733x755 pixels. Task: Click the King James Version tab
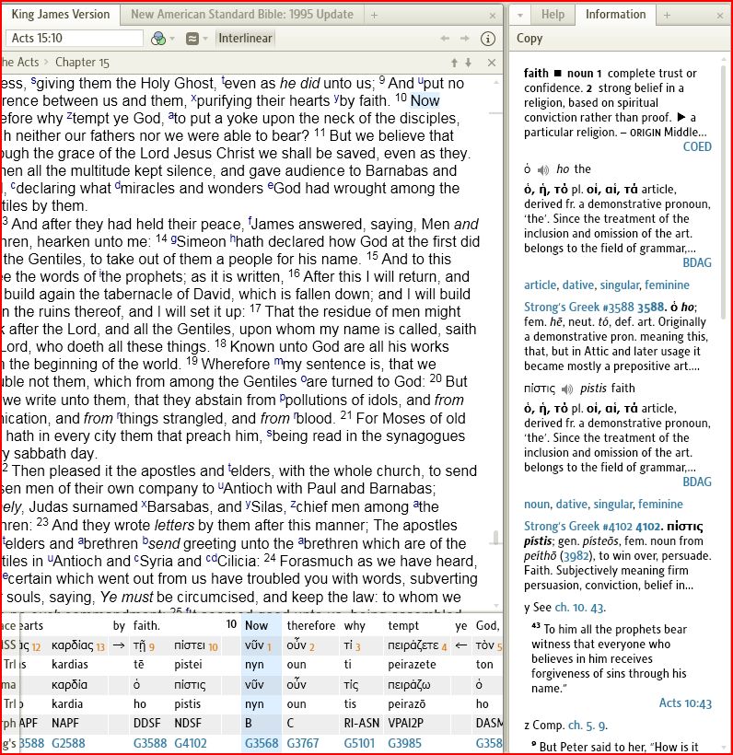[x=61, y=15]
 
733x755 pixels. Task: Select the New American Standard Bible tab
[x=241, y=15]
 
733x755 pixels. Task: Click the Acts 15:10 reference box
[x=74, y=39]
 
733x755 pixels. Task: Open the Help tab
[x=553, y=15]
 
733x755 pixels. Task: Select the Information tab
[x=615, y=15]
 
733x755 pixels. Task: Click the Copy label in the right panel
[x=529, y=39]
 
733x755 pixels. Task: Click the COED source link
[x=697, y=146]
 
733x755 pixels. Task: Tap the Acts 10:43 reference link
[x=685, y=703]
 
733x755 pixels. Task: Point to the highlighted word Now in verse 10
[x=425, y=100]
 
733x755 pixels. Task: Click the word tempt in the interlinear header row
[x=403, y=626]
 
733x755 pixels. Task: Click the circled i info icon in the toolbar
[x=488, y=39]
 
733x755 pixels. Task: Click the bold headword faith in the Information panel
[x=536, y=74]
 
